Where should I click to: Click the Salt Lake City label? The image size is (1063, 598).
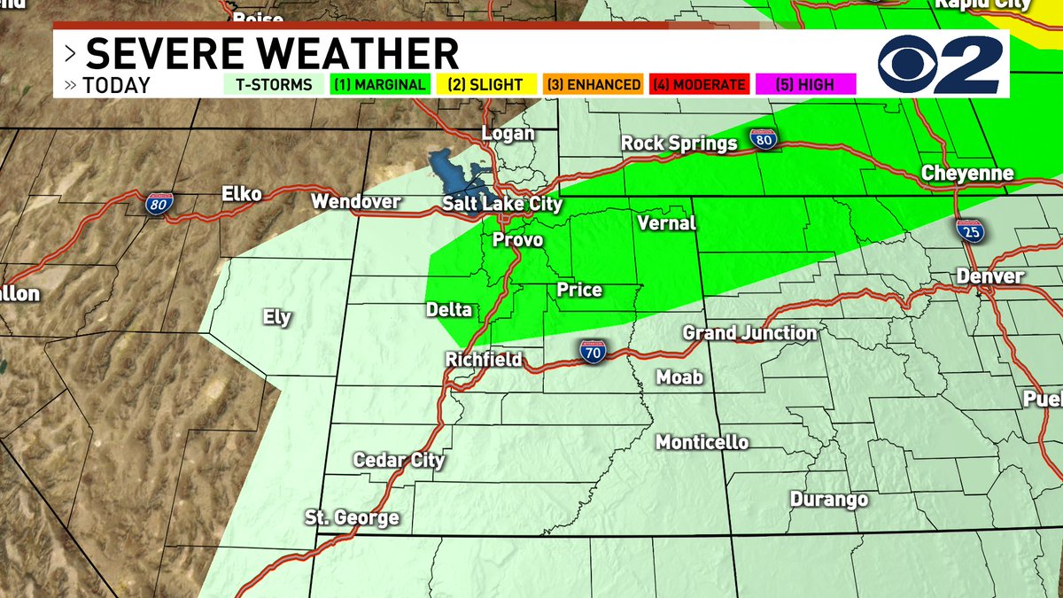click(x=502, y=205)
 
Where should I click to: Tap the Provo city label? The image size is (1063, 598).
click(x=517, y=240)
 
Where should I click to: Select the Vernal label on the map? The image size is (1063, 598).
click(x=666, y=223)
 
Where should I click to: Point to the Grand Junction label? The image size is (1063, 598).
click(x=749, y=333)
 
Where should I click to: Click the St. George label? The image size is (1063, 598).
click(x=352, y=517)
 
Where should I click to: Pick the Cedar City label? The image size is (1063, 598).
click(x=399, y=460)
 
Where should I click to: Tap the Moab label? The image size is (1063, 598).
click(x=679, y=377)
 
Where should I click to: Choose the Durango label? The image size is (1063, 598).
click(x=828, y=500)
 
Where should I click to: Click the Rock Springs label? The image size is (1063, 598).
click(x=679, y=143)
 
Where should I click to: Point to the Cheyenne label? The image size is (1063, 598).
click(x=966, y=173)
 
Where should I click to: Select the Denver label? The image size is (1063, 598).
click(x=989, y=276)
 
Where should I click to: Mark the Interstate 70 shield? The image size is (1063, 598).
click(x=594, y=352)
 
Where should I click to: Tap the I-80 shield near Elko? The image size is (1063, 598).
click(x=159, y=203)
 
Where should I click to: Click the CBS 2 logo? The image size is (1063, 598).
click(x=940, y=64)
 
